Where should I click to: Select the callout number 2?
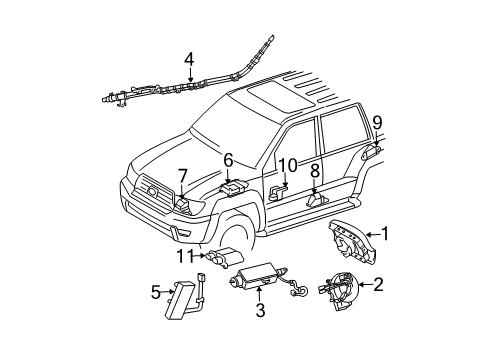tap(379, 285)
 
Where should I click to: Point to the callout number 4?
tap(189, 59)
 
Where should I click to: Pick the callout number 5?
tap(154, 293)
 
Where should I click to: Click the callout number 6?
tap(228, 159)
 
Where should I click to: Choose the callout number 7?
tap(182, 177)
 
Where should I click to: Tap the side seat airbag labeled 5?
tap(183, 300)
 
